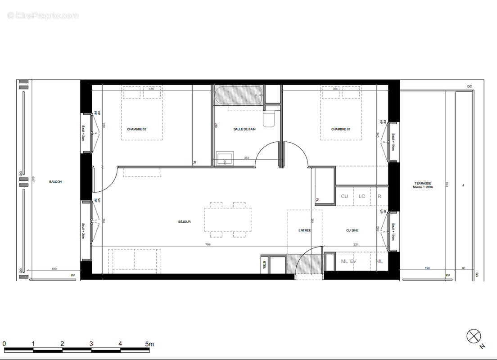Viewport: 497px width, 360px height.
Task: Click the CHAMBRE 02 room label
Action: click(x=136, y=129)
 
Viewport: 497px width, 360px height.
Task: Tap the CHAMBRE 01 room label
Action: click(x=340, y=129)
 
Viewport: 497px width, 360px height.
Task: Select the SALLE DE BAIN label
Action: click(x=244, y=129)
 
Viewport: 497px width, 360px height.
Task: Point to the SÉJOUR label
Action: click(x=184, y=221)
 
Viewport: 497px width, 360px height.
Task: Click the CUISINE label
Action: click(x=352, y=230)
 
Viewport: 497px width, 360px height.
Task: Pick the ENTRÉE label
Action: click(x=305, y=230)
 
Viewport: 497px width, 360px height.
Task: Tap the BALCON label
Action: click(x=55, y=182)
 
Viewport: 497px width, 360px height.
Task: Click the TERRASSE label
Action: click(x=423, y=184)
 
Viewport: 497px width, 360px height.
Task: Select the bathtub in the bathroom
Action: click(x=238, y=95)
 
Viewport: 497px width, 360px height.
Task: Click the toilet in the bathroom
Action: click(x=269, y=119)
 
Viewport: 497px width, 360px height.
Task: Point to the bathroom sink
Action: click(x=224, y=158)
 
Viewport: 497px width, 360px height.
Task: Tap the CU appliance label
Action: click(x=344, y=196)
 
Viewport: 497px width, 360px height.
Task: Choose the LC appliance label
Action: click(x=361, y=196)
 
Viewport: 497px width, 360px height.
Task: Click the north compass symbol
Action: click(x=474, y=335)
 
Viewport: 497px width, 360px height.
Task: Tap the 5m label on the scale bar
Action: click(x=149, y=344)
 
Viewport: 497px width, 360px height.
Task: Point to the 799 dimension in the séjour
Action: click(x=208, y=245)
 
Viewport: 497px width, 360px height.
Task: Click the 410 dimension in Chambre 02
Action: click(x=151, y=89)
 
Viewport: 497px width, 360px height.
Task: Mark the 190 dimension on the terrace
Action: click(x=427, y=268)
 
